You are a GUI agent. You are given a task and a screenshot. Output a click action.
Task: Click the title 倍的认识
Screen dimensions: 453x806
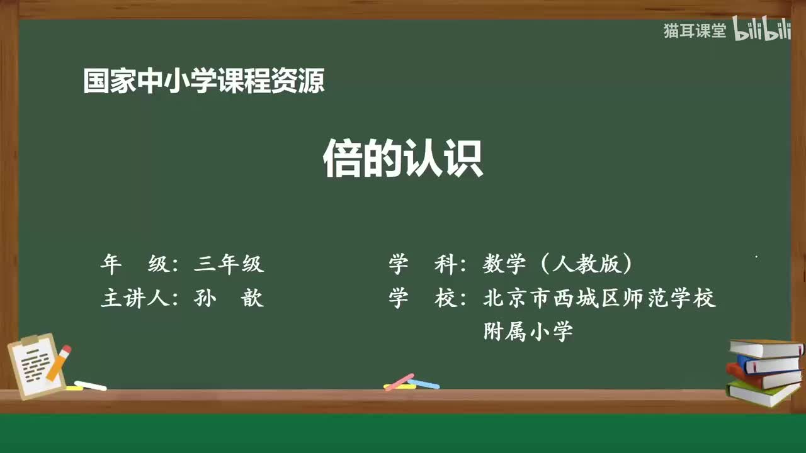(x=403, y=159)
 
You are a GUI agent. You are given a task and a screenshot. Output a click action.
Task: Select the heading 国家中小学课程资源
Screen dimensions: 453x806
(x=203, y=81)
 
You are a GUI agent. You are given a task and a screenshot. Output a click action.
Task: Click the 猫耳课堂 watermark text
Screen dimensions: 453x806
(x=695, y=31)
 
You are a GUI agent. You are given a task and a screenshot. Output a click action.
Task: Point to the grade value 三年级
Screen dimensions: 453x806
(x=229, y=264)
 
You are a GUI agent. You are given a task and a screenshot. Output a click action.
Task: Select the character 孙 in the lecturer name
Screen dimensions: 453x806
(x=205, y=298)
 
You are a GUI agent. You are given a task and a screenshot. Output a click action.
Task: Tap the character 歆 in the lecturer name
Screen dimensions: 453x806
(x=252, y=298)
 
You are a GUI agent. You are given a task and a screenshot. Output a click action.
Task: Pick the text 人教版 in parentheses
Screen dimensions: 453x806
(x=586, y=264)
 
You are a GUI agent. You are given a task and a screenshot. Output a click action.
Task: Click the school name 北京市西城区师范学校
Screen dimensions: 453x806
(x=599, y=298)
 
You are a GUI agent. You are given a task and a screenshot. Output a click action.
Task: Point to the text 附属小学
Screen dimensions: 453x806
(x=528, y=331)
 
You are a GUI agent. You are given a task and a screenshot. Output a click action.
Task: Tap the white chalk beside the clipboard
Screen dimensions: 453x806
(x=91, y=385)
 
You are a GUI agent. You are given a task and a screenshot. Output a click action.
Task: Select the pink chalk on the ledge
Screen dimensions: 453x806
(x=399, y=381)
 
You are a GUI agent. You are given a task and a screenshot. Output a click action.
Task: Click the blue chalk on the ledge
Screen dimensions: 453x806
(x=424, y=383)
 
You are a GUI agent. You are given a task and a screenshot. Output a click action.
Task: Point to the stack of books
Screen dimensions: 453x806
(x=764, y=371)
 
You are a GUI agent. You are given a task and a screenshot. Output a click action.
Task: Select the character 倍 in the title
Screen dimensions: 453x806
(x=342, y=159)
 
